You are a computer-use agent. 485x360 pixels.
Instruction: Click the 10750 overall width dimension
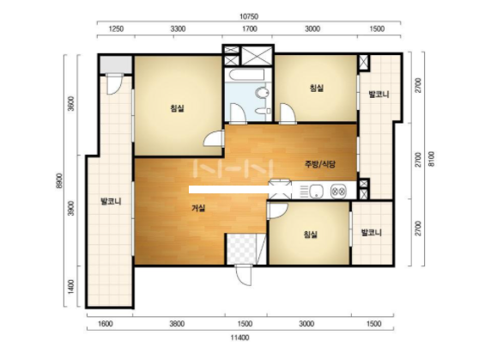(249, 16)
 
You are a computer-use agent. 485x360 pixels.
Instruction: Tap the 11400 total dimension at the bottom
(239, 338)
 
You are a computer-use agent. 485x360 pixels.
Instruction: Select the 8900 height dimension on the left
(59, 181)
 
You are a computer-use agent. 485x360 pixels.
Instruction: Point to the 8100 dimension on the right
(432, 159)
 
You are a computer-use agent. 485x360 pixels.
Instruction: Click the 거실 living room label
(198, 208)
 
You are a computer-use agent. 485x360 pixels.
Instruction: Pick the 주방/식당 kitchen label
(320, 164)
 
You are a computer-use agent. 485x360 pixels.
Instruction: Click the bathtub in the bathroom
(246, 75)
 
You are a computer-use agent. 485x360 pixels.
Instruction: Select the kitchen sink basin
(316, 191)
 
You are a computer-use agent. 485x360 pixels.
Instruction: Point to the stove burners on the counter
(338, 191)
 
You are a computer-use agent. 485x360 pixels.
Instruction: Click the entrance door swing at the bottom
(245, 275)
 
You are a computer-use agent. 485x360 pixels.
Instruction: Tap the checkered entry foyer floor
(241, 249)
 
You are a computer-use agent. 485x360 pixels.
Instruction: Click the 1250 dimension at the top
(116, 29)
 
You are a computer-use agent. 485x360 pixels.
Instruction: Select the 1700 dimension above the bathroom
(249, 29)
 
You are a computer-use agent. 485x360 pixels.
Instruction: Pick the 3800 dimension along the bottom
(177, 324)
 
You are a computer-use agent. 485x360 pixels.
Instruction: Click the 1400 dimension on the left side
(71, 287)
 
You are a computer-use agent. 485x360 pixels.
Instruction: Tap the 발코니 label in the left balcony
(111, 202)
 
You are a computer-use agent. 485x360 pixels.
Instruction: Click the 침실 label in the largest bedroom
(177, 108)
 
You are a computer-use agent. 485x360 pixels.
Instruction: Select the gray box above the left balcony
(115, 64)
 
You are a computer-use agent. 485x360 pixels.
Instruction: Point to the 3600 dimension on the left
(71, 104)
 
